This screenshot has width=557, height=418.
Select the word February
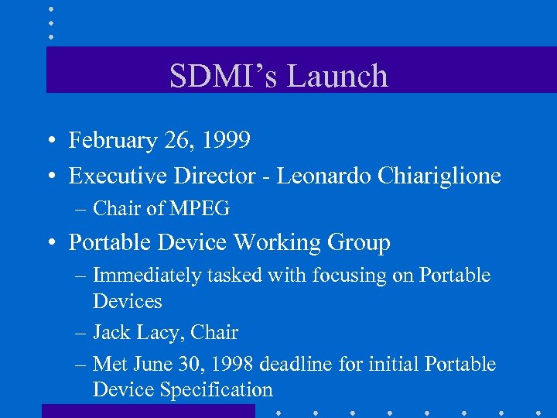[x=113, y=140]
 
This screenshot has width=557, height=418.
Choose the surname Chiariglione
[x=439, y=176]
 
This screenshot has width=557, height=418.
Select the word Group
[x=359, y=242]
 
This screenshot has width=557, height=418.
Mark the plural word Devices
[x=127, y=301]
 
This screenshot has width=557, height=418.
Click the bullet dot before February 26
[x=49, y=142]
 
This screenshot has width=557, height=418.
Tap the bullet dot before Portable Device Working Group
[x=49, y=244]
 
